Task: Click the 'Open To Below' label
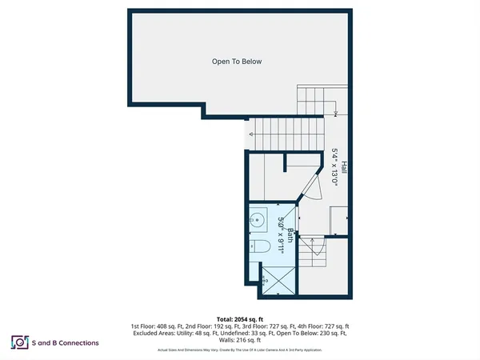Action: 237,62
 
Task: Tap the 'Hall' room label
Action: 344,167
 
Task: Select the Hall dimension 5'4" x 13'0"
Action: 335,167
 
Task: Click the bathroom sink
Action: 258,219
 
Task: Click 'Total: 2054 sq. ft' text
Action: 240,318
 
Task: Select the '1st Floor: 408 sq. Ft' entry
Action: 156,326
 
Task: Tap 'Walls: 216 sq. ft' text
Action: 240,341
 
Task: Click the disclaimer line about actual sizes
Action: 240,350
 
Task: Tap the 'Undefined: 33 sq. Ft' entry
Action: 253,334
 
